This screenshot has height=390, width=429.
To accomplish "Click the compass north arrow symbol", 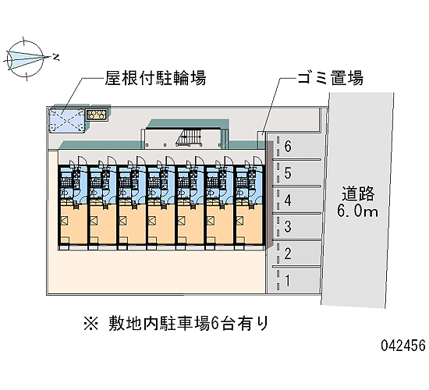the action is [x=25, y=58].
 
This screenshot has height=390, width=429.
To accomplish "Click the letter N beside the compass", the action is [x=56, y=57].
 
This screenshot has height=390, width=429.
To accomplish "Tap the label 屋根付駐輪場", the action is [x=155, y=78].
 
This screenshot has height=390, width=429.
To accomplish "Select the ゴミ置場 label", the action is [x=331, y=78].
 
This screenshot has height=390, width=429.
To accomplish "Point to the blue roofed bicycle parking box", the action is [x=67, y=120].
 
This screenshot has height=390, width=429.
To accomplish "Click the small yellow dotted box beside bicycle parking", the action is [x=96, y=115].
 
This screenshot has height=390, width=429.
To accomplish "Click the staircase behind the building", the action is [x=189, y=136].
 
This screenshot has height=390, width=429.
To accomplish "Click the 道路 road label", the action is [x=358, y=193].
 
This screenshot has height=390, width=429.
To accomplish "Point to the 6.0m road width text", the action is [x=357, y=211].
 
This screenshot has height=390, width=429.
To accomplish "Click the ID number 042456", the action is [x=403, y=345].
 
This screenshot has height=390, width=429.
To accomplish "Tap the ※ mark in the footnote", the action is [x=90, y=324].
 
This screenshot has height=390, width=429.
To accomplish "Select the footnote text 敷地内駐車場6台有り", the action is [x=188, y=324].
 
